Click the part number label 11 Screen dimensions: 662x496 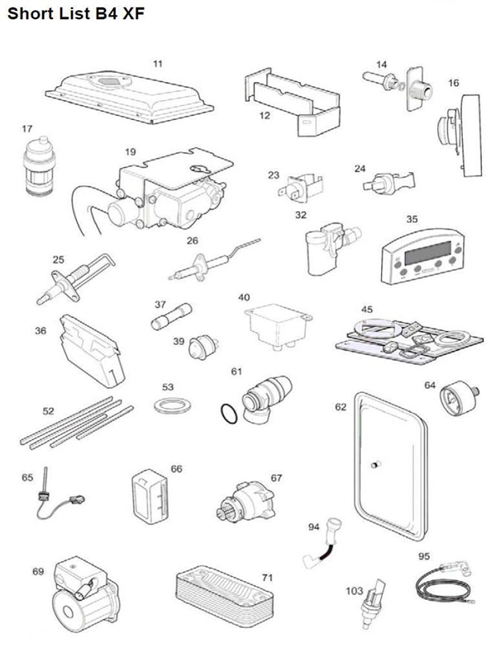point(158,63)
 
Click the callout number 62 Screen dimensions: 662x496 point(341,407)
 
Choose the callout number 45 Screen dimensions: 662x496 point(368,309)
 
